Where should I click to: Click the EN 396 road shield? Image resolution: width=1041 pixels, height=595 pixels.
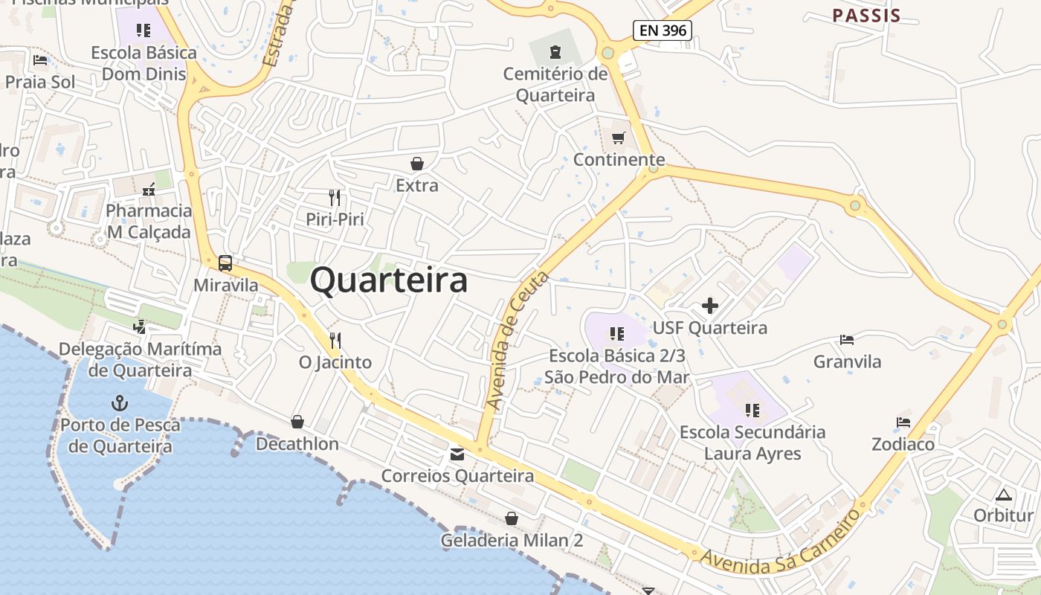pos(663,30)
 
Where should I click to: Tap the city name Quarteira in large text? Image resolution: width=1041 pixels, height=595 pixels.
pos(389,280)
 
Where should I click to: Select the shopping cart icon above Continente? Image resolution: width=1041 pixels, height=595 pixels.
pos(619,138)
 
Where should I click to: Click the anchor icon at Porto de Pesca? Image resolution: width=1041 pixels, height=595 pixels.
pos(120,403)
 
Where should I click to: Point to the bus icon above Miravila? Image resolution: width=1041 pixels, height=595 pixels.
pos(225,263)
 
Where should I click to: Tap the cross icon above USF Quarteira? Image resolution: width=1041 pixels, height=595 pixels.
pos(710,306)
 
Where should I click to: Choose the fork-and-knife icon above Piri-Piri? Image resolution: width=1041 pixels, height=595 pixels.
pos(335,198)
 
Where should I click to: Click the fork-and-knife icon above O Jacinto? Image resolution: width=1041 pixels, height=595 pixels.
pos(335,341)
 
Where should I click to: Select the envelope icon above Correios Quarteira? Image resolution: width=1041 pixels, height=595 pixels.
pos(457,454)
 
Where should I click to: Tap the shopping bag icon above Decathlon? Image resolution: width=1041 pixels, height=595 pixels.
pos(297,422)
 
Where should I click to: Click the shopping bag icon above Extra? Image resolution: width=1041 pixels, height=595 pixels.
pos(417,164)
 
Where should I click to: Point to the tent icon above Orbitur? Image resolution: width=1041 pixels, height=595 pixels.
pos(1004,495)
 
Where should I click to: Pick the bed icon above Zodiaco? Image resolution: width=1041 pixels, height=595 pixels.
pos(903,422)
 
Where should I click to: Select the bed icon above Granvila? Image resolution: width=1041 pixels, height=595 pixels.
pos(847,340)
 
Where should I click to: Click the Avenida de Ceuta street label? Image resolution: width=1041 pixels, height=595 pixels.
pos(518,341)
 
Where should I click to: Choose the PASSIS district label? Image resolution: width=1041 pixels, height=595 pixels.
pos(866,16)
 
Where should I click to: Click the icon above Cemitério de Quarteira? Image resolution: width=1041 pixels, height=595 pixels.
pos(555,52)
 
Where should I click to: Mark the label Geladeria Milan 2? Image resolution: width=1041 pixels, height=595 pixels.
pos(512,541)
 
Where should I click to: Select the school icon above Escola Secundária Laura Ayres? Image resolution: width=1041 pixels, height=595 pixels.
pos(752,411)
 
